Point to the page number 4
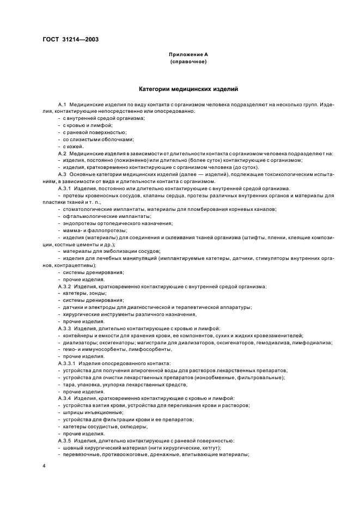[45, 466]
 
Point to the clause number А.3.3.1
[68, 363]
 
